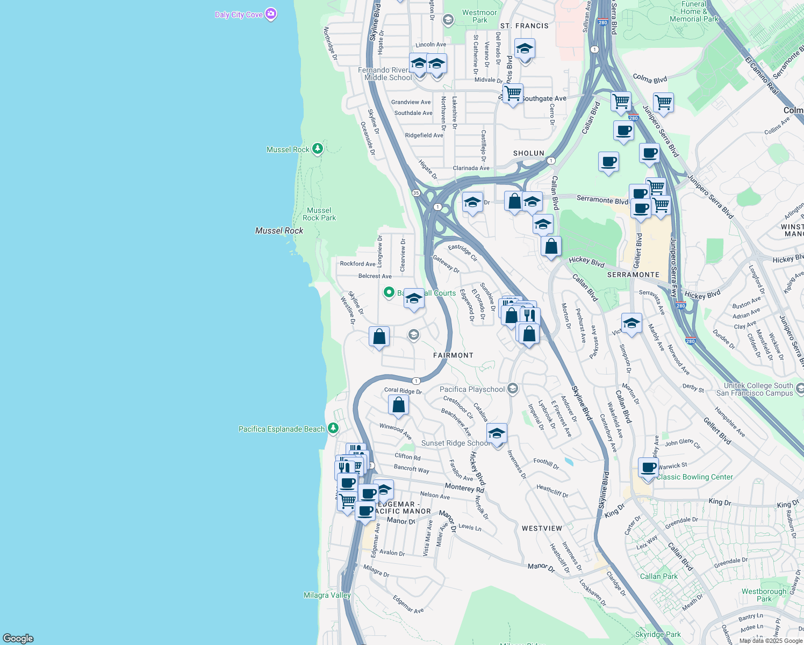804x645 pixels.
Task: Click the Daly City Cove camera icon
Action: [x=271, y=14]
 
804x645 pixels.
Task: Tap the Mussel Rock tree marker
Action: [x=318, y=149]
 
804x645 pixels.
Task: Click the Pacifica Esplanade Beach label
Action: [x=282, y=429]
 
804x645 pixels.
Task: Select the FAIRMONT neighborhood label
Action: [x=454, y=355]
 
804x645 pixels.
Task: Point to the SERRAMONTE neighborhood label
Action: [x=633, y=275]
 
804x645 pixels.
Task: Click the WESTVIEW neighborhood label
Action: [x=542, y=528]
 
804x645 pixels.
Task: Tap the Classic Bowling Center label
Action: [x=694, y=477]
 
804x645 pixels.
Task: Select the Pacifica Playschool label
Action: [x=472, y=389]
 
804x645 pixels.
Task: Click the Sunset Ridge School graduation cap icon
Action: [x=497, y=433]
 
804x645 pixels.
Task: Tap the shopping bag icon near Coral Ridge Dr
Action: [x=399, y=405]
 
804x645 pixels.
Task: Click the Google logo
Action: [x=18, y=639]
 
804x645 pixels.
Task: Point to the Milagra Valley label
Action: [x=327, y=595]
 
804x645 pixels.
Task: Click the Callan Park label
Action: [x=659, y=576]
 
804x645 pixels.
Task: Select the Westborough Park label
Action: [x=764, y=595]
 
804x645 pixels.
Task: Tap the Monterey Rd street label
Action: [x=464, y=488]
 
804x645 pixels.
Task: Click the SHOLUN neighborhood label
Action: [x=529, y=153]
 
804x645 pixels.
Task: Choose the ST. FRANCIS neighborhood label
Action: [x=525, y=26]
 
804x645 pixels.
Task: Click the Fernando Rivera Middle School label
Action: [x=387, y=74]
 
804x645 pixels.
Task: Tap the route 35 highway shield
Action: [x=416, y=193]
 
